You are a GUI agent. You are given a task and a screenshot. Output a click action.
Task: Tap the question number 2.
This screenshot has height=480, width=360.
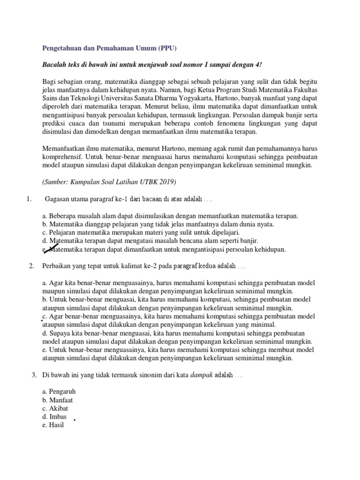(31, 266)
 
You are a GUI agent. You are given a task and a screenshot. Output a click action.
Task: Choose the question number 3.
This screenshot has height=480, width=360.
(34, 375)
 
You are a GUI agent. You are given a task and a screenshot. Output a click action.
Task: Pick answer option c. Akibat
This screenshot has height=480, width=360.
(56, 408)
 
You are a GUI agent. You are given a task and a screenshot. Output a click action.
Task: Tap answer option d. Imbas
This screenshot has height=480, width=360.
(54, 417)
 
